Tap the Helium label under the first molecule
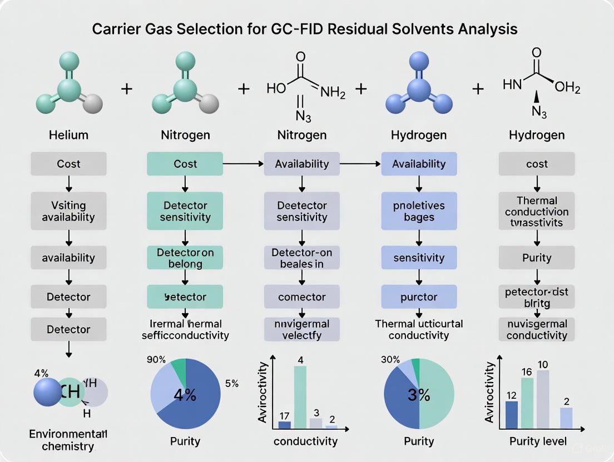tap(68, 135)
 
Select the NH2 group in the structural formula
tap(333, 94)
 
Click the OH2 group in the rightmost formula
tap(567, 87)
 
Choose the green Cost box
tap(185, 164)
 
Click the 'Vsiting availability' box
tap(68, 211)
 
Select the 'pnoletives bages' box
tap(419, 211)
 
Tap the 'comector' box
tap(301, 297)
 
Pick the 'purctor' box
tap(419, 297)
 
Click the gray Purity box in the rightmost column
tap(537, 258)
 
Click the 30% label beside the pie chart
tap(390, 359)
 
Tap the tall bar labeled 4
tap(300, 397)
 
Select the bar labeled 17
tap(284, 425)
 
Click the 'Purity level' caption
tap(537, 441)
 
